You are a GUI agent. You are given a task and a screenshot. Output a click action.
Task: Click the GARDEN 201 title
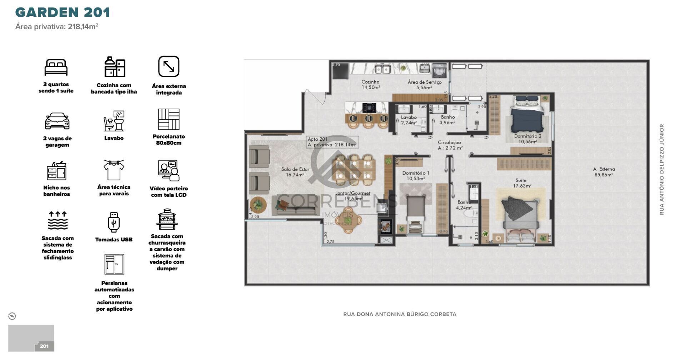click(62, 12)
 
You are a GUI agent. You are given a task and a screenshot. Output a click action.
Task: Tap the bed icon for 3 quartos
click(56, 67)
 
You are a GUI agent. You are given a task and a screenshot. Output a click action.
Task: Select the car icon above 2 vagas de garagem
click(57, 121)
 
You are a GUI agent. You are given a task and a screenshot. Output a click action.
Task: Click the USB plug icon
click(114, 222)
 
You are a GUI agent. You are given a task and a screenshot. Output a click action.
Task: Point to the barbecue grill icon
click(167, 219)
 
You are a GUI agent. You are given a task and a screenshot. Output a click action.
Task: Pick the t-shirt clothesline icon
click(114, 170)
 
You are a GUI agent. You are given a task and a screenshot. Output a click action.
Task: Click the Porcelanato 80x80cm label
click(169, 140)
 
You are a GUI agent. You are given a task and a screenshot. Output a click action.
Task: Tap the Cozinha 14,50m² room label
click(370, 85)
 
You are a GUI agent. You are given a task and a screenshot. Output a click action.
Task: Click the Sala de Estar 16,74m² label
click(295, 172)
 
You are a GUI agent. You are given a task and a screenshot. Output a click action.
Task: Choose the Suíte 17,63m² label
click(522, 183)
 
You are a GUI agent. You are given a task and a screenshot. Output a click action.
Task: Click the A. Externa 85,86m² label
click(604, 172)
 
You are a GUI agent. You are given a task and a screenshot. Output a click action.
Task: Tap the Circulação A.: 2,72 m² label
click(450, 145)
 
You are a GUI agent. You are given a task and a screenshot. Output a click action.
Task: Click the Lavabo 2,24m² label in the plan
click(409, 120)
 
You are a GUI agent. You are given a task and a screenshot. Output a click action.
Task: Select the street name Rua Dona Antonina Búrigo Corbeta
click(400, 314)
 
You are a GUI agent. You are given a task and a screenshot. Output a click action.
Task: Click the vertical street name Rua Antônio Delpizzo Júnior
click(662, 169)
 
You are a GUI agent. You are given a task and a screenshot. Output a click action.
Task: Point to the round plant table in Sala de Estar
click(258, 205)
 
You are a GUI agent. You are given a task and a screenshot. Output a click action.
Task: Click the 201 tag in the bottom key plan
click(44, 346)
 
